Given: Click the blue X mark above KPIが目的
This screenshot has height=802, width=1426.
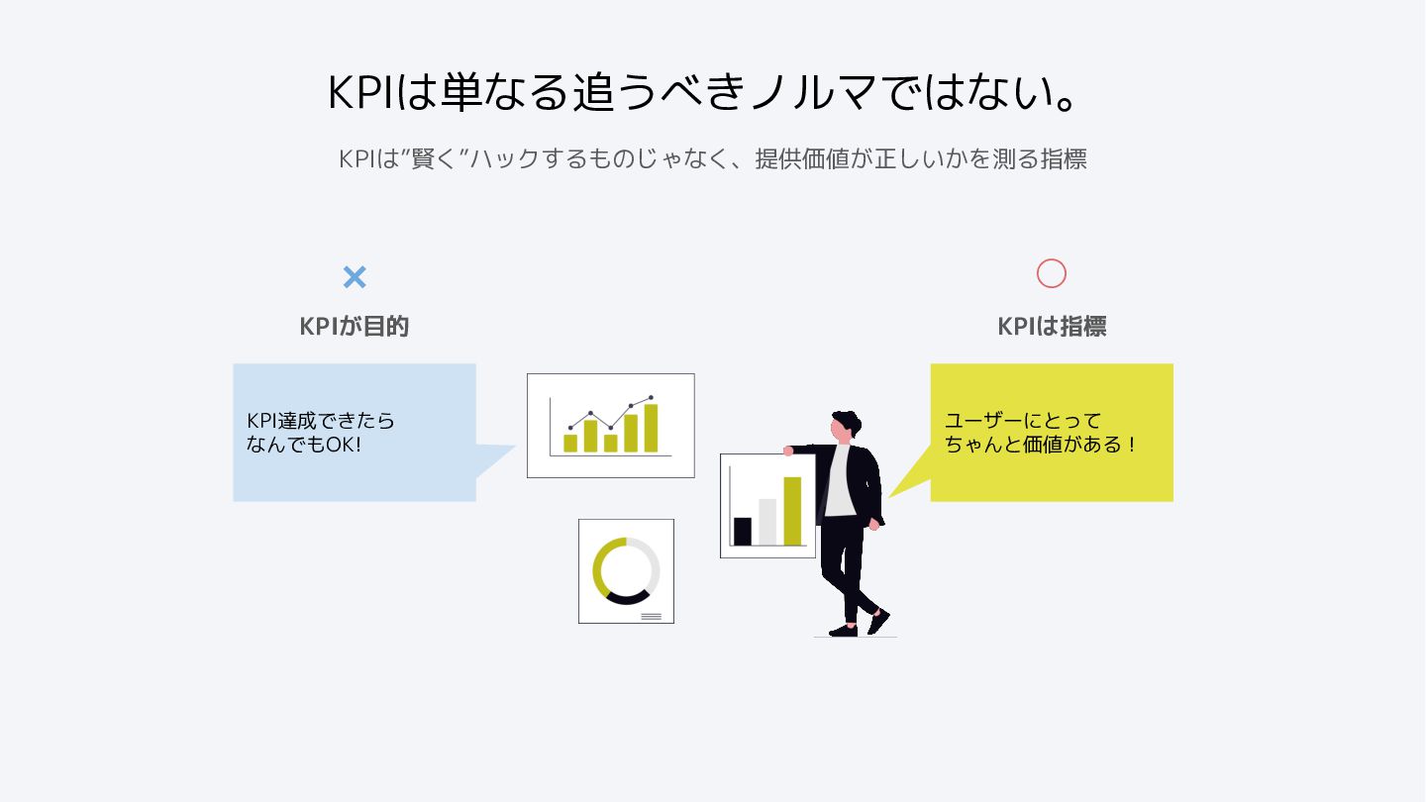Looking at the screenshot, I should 355,277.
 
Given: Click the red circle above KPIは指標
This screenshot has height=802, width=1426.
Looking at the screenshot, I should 1051,273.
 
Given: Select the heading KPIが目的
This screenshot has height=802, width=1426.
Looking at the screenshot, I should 355,327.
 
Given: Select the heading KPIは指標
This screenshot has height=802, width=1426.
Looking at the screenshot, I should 1051,327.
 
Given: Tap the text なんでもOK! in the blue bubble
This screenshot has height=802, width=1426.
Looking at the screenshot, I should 304,445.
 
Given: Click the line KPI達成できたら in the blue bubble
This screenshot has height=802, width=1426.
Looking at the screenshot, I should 320,421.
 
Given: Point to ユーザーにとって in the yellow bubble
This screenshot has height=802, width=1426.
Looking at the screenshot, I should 1022,421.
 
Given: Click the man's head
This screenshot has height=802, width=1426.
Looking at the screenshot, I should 843,426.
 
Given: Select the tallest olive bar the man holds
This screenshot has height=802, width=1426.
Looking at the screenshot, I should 792,511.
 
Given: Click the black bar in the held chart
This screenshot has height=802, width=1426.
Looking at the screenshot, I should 743,531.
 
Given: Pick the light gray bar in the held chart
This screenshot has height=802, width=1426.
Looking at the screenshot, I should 767,522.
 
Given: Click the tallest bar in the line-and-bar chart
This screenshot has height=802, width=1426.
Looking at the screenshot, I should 651,428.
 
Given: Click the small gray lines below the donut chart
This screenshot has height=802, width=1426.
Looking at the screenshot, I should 651,616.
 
